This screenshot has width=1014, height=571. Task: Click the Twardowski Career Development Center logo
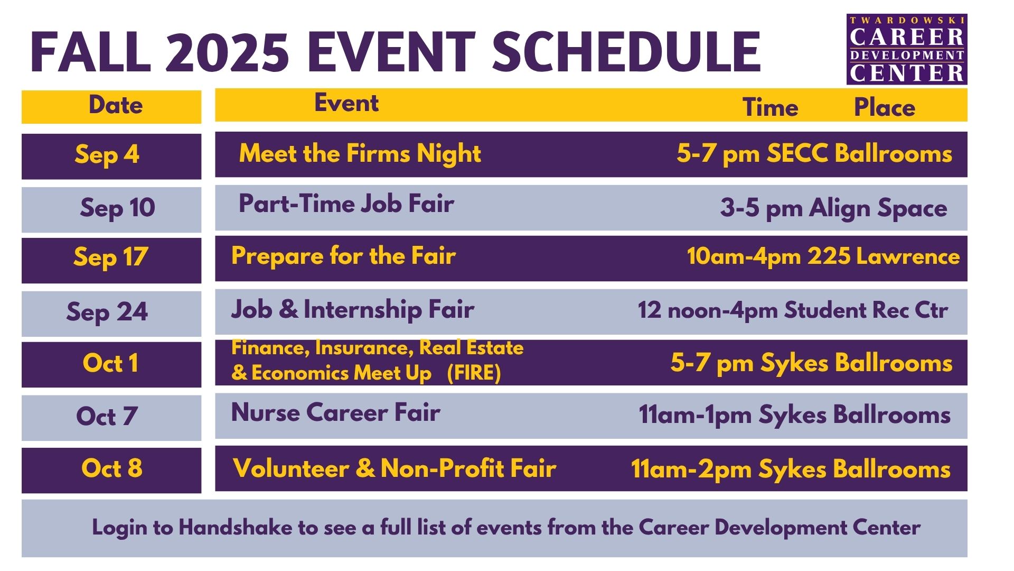(907, 49)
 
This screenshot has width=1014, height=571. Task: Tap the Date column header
(116, 105)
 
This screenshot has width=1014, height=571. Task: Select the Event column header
(346, 103)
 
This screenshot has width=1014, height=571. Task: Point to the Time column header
(770, 107)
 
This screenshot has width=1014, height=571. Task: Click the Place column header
(885, 107)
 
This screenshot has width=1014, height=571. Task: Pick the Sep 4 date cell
(111, 156)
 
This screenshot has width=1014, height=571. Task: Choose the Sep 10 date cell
(111, 209)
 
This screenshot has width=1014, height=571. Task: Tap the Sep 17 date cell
(111, 260)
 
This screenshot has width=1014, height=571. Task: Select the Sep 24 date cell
(111, 314)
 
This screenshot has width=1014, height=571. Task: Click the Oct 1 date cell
(111, 364)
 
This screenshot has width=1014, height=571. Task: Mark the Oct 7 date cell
(111, 418)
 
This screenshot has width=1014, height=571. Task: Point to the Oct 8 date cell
(111, 470)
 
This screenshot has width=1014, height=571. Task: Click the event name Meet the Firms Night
(360, 154)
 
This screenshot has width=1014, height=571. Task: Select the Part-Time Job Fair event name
(346, 204)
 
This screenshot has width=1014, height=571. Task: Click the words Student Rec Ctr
(866, 310)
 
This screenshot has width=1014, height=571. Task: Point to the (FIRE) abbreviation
(474, 373)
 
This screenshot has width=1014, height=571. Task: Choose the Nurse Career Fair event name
(336, 412)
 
